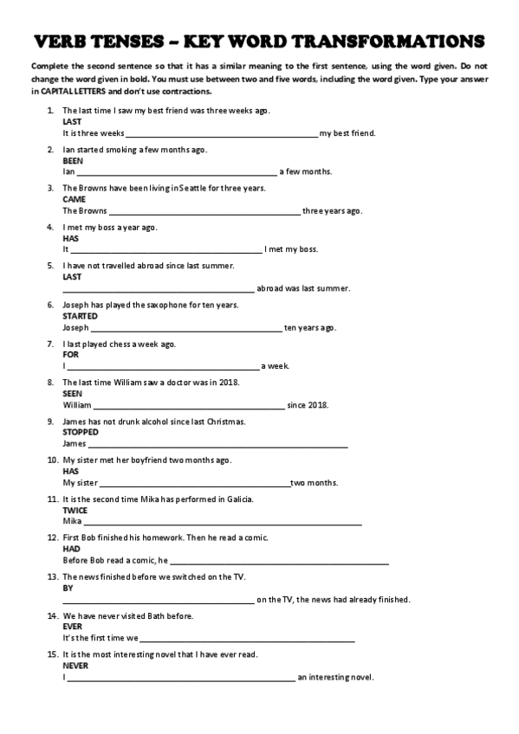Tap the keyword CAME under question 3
click(74, 199)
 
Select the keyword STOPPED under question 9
click(81, 432)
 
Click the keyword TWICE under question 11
click(75, 510)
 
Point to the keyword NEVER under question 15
click(75, 666)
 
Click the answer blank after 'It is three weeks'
click(222, 134)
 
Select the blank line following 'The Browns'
click(204, 211)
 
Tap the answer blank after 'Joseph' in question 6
click(186, 328)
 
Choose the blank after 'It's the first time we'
click(248, 639)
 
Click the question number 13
click(52, 576)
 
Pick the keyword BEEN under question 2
click(73, 160)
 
